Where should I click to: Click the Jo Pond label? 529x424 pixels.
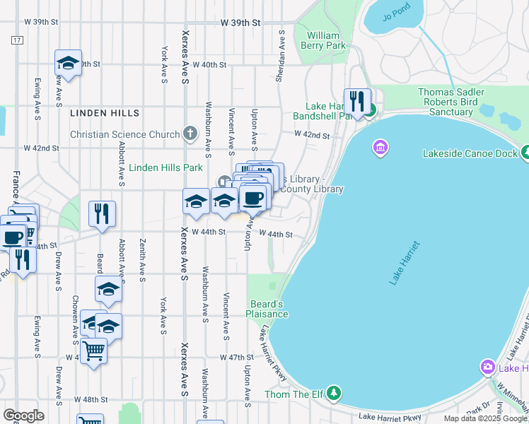point(395,18)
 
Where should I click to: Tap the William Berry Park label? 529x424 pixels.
point(327,40)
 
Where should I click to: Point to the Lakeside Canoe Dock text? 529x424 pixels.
point(469,153)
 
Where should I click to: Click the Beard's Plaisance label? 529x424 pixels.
point(267,309)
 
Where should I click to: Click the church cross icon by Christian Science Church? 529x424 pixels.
point(190,133)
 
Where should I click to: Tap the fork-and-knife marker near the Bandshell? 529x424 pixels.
point(356,100)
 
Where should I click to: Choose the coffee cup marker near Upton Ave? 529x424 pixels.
point(252,199)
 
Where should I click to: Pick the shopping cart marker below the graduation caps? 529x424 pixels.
point(93,350)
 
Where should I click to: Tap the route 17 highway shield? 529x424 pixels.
point(16,40)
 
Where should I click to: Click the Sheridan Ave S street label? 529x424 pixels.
point(281,56)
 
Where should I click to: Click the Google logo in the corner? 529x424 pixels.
point(23,416)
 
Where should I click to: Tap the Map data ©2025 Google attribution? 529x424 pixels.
point(484,418)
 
